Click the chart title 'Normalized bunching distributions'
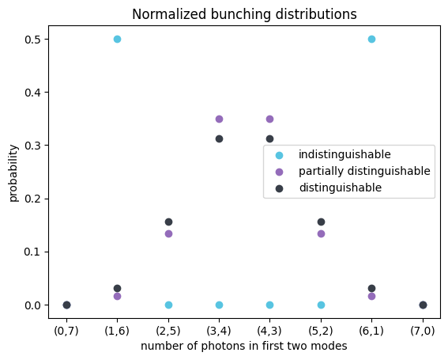[x=244, y=14]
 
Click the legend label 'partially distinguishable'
[x=364, y=171]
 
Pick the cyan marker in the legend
[x=278, y=154]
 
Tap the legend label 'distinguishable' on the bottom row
[x=340, y=188]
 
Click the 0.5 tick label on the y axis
[x=32, y=40]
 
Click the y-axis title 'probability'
[x=13, y=172]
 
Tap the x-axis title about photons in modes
[x=244, y=346]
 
